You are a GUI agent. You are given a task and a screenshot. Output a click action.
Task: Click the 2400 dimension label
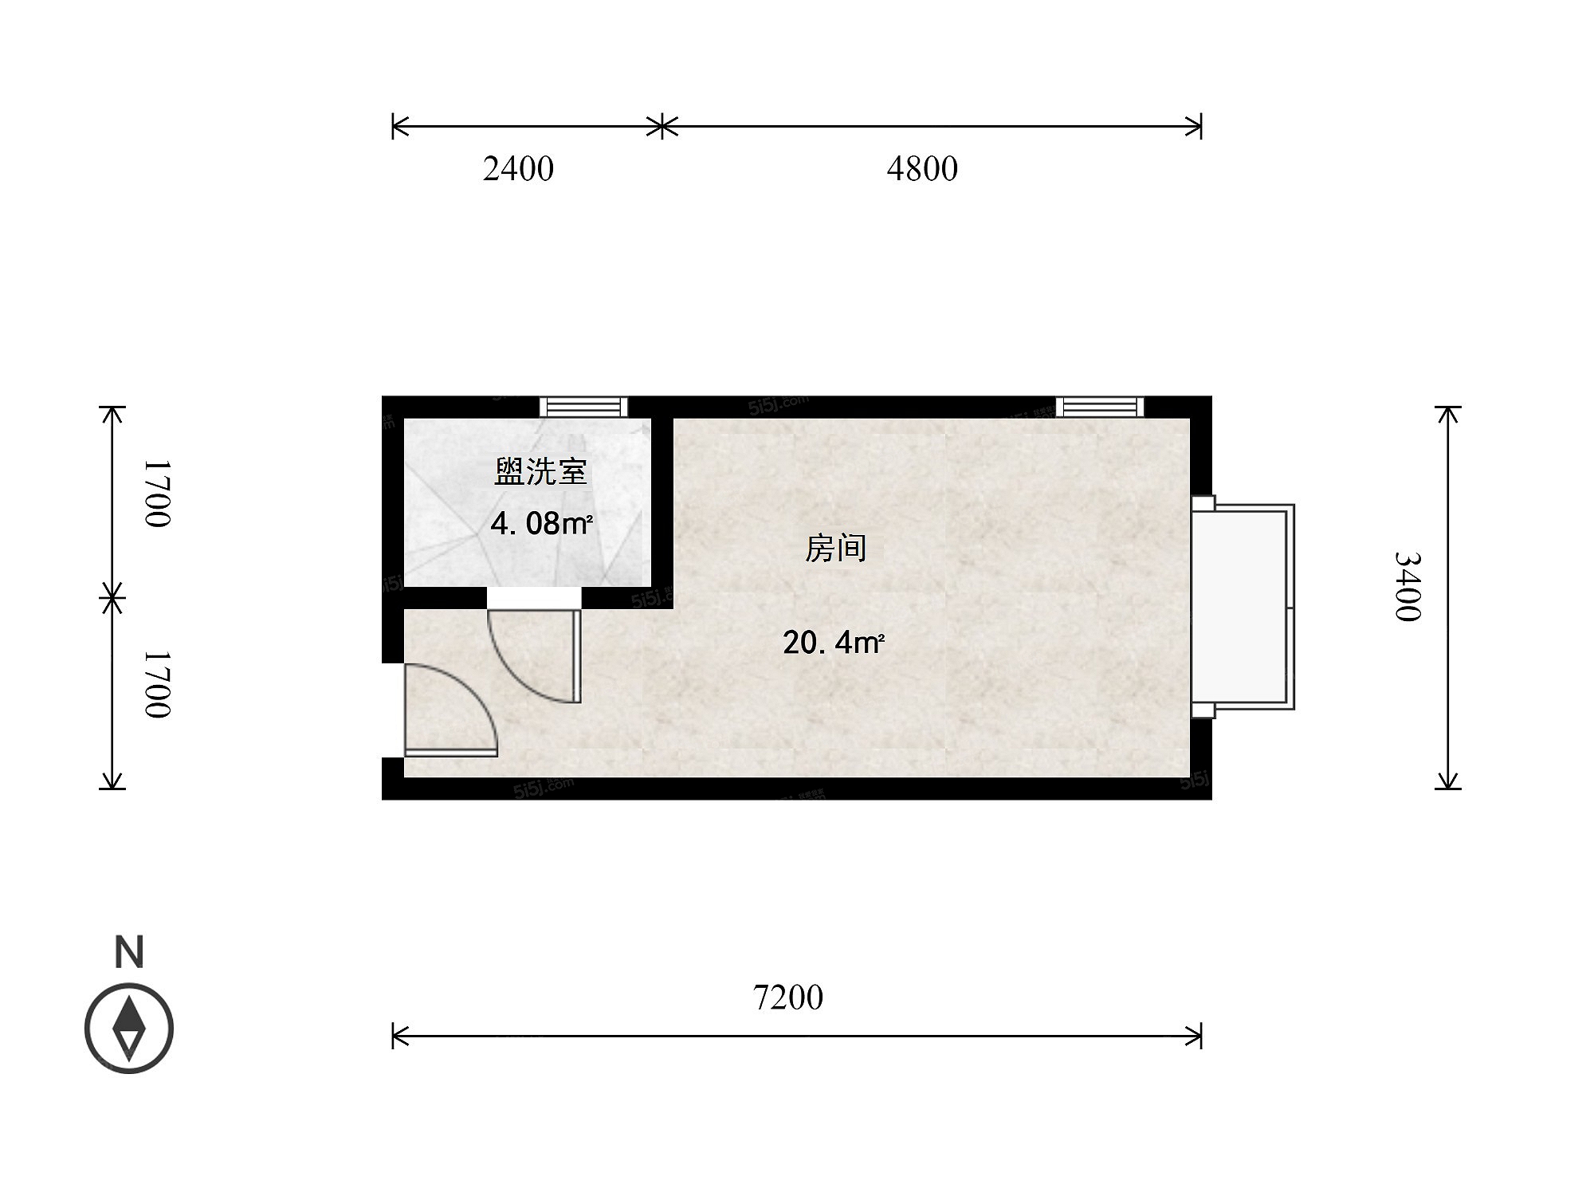pos(518,169)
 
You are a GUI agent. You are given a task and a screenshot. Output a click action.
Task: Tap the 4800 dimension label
pos(922,169)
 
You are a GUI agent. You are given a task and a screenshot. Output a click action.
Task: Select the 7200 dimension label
pos(788,997)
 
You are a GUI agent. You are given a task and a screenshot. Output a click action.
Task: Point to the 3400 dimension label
pos(1408,586)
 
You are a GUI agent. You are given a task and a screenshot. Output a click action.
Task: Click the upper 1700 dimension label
pos(157,494)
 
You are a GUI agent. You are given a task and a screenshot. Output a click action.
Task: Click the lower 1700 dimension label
pos(157,684)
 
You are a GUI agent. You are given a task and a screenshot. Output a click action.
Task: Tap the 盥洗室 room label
pos(540,472)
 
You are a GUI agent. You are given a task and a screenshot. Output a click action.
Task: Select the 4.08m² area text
pos(541,524)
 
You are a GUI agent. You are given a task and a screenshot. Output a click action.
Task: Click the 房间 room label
pos(835,549)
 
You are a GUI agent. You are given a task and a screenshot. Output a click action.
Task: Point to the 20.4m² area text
pos(834,642)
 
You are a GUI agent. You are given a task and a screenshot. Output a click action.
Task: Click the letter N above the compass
pos(129,952)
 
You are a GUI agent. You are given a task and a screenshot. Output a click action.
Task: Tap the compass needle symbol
pos(129,1028)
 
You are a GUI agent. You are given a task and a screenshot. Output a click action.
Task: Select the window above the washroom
pos(583,407)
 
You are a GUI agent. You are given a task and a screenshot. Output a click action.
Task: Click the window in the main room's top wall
pos(1100,407)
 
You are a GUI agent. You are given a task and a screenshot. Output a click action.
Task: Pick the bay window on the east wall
pos(1243,607)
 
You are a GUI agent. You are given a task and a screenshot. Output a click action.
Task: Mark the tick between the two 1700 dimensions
pos(112,597)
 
